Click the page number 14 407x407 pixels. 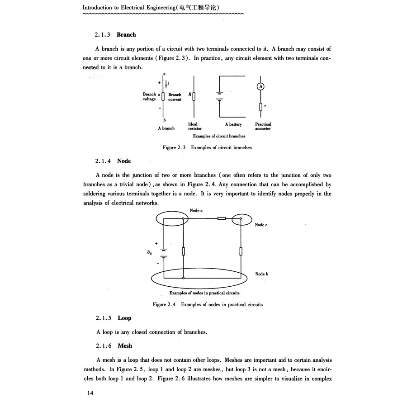(x=90, y=393)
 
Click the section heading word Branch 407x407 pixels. (x=126, y=34)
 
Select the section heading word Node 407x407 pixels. (x=123, y=161)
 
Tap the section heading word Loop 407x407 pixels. (x=124, y=318)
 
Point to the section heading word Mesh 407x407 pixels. (x=125, y=346)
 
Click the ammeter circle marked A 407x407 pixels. (x=260, y=87)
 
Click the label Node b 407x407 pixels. (x=262, y=274)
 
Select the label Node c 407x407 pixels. (x=261, y=225)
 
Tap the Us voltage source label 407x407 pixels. (x=150, y=253)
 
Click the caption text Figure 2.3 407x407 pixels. (x=175, y=147)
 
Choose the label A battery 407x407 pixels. (x=233, y=124)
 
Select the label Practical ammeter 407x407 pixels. (x=263, y=126)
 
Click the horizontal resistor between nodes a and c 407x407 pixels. (x=222, y=219)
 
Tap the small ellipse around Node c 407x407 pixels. (x=241, y=220)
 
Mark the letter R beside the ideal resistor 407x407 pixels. (x=189, y=95)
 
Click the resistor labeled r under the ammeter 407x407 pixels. (x=260, y=107)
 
